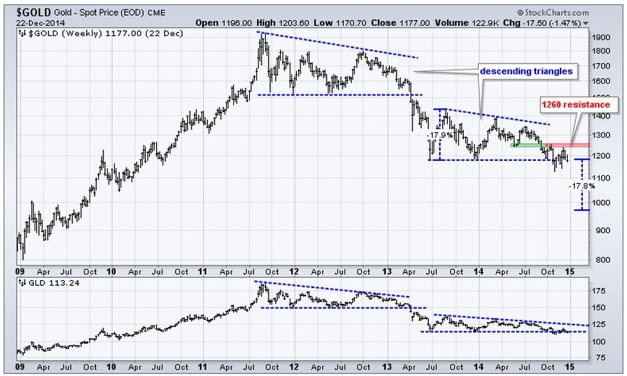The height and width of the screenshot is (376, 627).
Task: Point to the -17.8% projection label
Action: click(581, 185)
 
